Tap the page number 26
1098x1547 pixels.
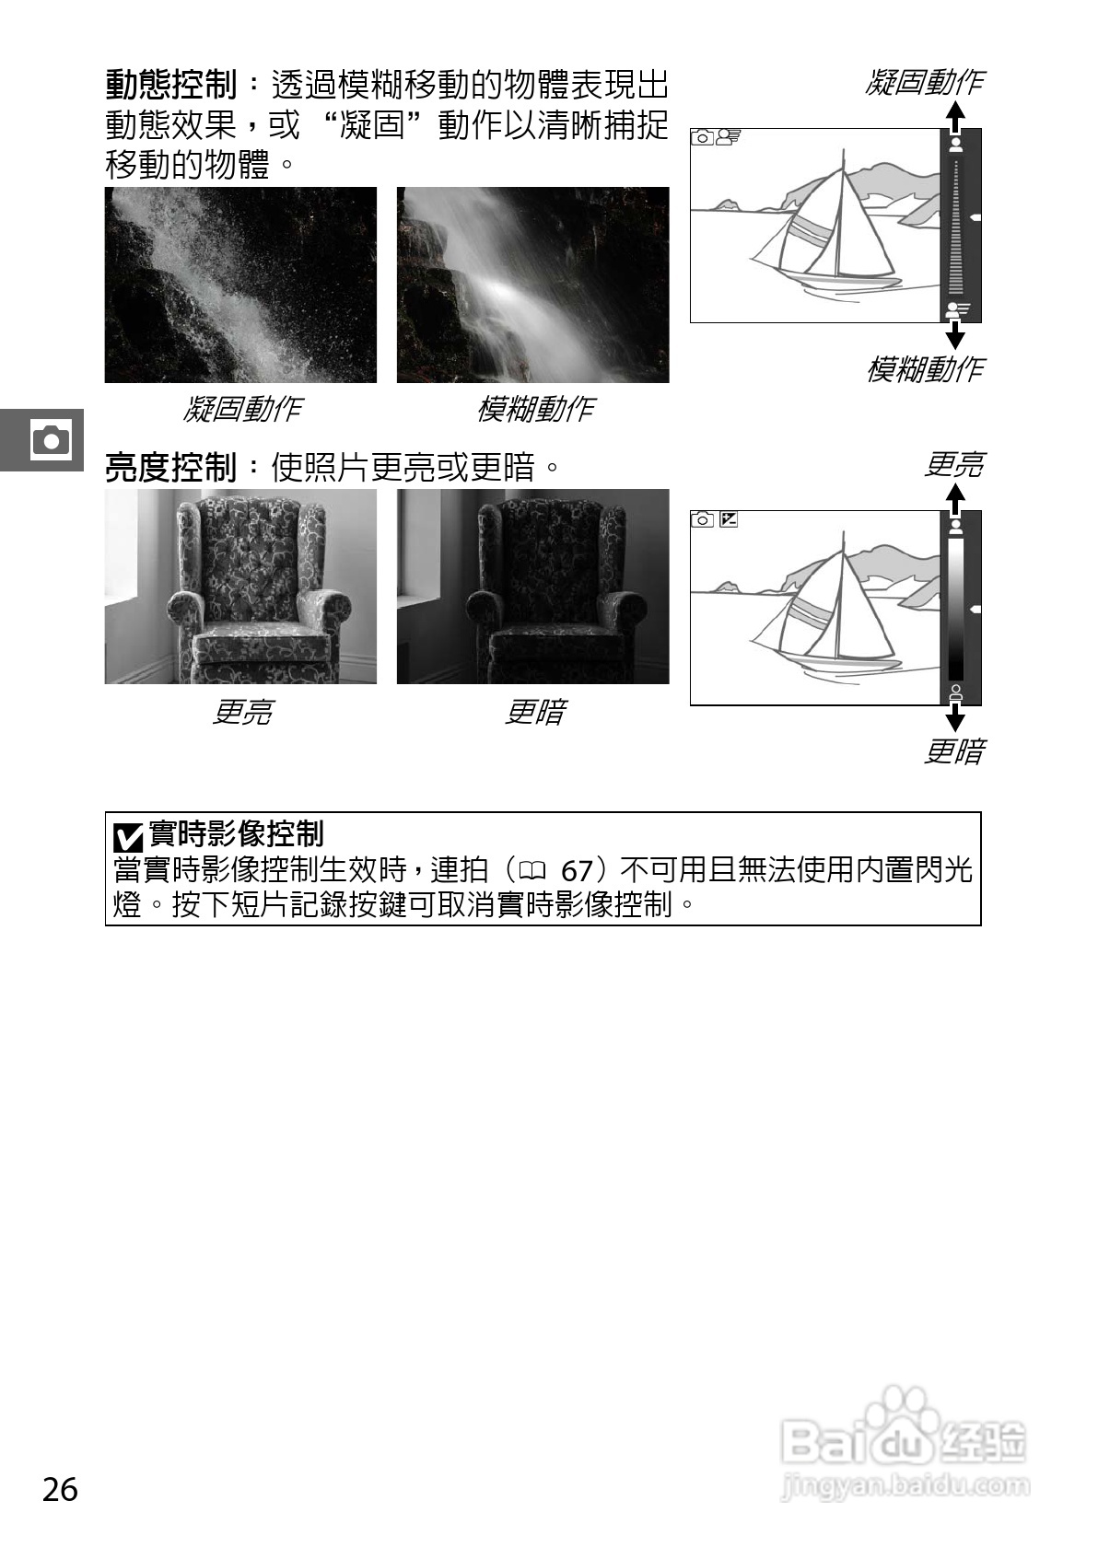60,1489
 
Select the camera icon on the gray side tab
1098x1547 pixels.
50,439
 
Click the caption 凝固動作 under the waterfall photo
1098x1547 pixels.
241,408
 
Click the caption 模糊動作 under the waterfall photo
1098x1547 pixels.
534,408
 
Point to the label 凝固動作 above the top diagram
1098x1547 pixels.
924,83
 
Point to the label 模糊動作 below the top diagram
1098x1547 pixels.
924,369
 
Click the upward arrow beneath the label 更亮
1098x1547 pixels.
956,498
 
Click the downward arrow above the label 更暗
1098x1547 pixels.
956,717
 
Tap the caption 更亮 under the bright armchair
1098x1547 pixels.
241,712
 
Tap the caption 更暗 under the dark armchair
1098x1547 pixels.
534,712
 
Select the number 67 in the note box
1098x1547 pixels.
576,871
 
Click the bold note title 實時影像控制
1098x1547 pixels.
236,834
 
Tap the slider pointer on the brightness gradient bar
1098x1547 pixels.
975,610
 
